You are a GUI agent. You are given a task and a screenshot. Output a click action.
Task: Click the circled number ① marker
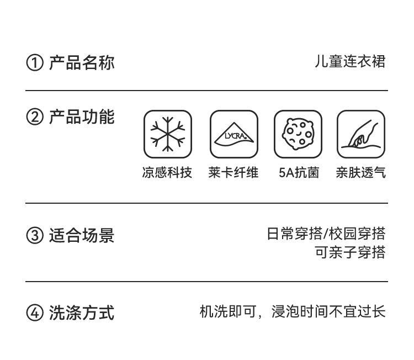(34, 63)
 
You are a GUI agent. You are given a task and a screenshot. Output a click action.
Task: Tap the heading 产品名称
(82, 62)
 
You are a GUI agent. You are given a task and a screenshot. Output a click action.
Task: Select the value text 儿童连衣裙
(350, 61)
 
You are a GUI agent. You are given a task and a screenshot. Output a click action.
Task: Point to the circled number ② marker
(34, 118)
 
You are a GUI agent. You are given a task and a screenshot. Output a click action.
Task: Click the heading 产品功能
(82, 117)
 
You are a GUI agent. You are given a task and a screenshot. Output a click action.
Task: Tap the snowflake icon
(168, 134)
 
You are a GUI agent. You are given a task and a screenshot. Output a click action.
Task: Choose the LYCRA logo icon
(233, 134)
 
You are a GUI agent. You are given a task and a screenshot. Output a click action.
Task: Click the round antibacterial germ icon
(298, 134)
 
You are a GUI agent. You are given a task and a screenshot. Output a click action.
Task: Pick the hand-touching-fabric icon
(361, 134)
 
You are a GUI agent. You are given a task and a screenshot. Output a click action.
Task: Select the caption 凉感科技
(167, 173)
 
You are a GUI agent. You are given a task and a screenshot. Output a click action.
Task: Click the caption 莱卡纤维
(233, 173)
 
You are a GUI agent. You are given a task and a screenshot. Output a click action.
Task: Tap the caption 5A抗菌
(299, 173)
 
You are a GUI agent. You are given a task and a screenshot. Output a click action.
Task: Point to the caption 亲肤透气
(361, 173)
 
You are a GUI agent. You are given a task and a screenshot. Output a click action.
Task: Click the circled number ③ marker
(34, 236)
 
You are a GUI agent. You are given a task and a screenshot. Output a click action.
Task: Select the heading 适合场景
(82, 235)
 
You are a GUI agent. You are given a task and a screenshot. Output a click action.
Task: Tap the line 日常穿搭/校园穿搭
(326, 234)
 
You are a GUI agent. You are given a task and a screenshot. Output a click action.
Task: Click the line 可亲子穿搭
(350, 252)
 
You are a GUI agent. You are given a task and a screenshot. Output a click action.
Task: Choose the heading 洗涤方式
(82, 313)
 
